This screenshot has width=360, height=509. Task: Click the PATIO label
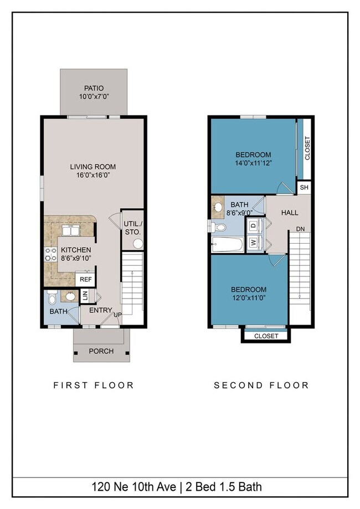pyautogui.click(x=94, y=88)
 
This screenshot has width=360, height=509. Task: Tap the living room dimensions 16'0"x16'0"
pyautogui.click(x=93, y=175)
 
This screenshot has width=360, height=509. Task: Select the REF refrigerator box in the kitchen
pyautogui.click(x=86, y=279)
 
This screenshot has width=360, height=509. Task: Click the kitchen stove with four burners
pyautogui.click(x=50, y=254)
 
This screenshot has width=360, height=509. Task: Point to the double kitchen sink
pyautogui.click(x=71, y=230)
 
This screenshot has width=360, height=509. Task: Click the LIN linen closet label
pyautogui.click(x=85, y=296)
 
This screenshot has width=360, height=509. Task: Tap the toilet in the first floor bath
pyautogui.click(x=52, y=296)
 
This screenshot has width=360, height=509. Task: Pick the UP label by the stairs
pyautogui.click(x=117, y=315)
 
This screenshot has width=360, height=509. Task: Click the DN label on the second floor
pyautogui.click(x=300, y=229)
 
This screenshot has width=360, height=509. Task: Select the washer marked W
pyautogui.click(x=254, y=242)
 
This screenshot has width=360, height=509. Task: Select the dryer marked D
pyautogui.click(x=254, y=225)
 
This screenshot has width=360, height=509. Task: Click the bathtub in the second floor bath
pyautogui.click(x=227, y=244)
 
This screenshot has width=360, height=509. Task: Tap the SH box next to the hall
pyautogui.click(x=304, y=187)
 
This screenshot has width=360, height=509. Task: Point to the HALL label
pyautogui.click(x=290, y=213)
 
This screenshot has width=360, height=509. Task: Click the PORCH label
pyautogui.click(x=101, y=351)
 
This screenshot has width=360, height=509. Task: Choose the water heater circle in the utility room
pyautogui.click(x=138, y=244)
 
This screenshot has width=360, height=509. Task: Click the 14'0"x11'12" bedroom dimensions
pyautogui.click(x=253, y=163)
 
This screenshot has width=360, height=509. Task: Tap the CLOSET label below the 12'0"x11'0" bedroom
pyautogui.click(x=266, y=336)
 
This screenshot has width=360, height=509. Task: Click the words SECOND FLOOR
pyautogui.click(x=261, y=385)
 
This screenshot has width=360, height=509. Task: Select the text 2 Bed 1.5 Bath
pyautogui.click(x=223, y=487)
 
